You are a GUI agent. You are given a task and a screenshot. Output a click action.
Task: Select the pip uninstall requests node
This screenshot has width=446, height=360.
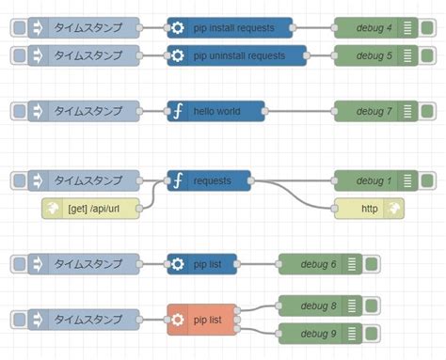coord(237,56)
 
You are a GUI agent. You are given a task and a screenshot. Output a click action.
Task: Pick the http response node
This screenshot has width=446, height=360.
coord(370,208)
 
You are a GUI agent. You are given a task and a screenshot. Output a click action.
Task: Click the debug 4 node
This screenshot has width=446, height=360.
coord(367,28)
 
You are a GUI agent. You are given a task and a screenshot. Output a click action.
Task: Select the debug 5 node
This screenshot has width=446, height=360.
coord(367,56)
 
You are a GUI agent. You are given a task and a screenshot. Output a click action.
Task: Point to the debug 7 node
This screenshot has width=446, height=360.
coord(367,111)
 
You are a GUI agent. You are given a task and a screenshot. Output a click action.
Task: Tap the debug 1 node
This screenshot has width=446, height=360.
coord(367,180)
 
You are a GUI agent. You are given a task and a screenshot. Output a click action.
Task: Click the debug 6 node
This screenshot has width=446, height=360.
coord(311,263)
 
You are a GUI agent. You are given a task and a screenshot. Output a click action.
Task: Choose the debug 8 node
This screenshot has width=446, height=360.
coord(311,305)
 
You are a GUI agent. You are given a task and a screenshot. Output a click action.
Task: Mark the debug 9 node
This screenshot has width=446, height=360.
coord(311,332)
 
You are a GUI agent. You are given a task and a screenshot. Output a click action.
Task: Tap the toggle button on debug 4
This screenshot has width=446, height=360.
coord(428,28)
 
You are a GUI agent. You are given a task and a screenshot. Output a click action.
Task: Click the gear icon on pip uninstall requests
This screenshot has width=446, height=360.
coord(179,56)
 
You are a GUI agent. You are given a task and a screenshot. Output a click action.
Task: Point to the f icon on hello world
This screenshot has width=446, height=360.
coord(179,111)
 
